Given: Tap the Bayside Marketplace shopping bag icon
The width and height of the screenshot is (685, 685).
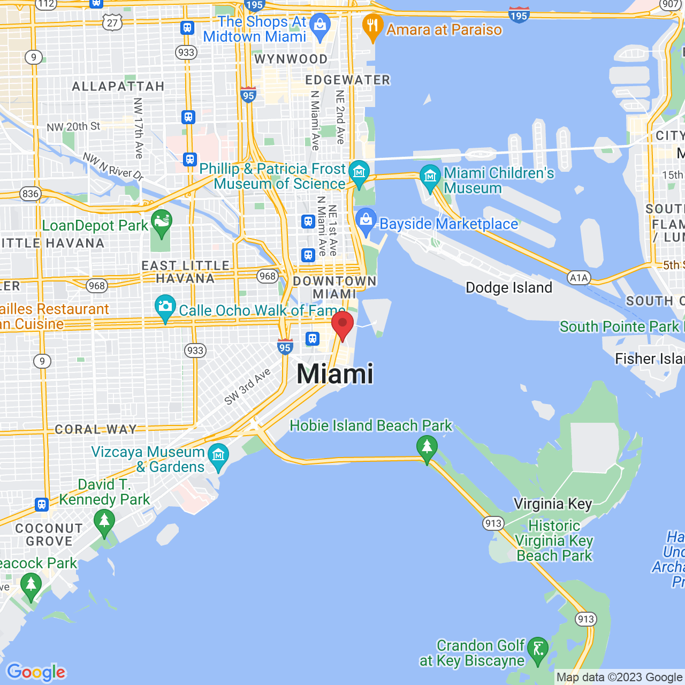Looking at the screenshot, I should click(366, 221).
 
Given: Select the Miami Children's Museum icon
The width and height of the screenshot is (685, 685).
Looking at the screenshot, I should click(430, 177).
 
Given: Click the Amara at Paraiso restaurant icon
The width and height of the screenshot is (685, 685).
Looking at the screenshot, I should click(372, 27).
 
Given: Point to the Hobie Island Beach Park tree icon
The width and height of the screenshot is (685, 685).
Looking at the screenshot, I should click(427, 447).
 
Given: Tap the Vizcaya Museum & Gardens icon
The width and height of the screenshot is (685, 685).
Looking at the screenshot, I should click(218, 456).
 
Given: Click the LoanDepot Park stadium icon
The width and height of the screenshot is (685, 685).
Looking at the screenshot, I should click(161, 223).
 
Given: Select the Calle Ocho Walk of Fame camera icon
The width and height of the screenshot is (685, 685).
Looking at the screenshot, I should click(165, 307).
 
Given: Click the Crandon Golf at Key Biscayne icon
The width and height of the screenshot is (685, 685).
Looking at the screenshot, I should click(537, 650).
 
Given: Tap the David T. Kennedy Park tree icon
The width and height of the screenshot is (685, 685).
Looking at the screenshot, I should click(104, 521).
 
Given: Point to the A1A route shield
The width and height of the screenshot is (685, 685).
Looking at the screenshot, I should click(579, 278).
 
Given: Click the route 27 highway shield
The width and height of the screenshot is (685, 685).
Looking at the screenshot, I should click(112, 22).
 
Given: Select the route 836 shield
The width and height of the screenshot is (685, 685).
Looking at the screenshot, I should click(31, 194).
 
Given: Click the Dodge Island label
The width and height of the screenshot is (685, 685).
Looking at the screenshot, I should click(508, 288).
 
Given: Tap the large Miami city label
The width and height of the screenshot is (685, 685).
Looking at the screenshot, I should click(335, 374).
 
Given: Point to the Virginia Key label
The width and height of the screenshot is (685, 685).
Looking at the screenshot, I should click(552, 504).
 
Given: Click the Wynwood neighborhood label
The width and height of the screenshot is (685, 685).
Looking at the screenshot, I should click(291, 59).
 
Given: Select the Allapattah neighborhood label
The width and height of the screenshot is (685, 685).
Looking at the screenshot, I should click(118, 87).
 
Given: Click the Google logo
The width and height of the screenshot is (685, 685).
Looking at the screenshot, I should click(36, 672).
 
